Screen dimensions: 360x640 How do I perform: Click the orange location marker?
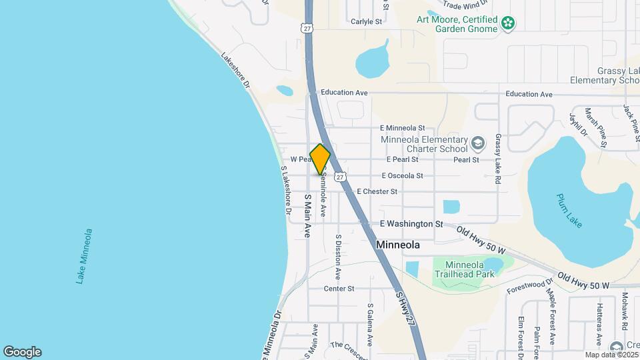coord(320,159)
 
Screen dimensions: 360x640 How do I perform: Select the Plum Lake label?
coord(569,211)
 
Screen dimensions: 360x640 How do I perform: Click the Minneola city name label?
coord(398,245)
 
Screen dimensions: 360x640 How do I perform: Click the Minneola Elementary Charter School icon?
coord(477,143)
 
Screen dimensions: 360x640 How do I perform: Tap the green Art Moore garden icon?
coord(508,24)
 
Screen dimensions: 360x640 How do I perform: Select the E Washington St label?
coord(411,225)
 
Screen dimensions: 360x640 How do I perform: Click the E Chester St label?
coord(377,191)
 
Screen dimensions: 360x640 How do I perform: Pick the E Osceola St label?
coord(402,176)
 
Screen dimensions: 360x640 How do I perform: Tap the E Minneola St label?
coord(402,127)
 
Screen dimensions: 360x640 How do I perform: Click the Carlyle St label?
coord(366,21)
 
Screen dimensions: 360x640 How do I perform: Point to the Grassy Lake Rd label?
coord(497,159)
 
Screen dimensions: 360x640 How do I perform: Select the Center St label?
coord(339,289)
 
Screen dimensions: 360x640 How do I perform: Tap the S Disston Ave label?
coord(339,256)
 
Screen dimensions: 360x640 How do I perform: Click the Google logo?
coord(22,352)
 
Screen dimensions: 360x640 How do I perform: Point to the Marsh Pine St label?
coord(596,126)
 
